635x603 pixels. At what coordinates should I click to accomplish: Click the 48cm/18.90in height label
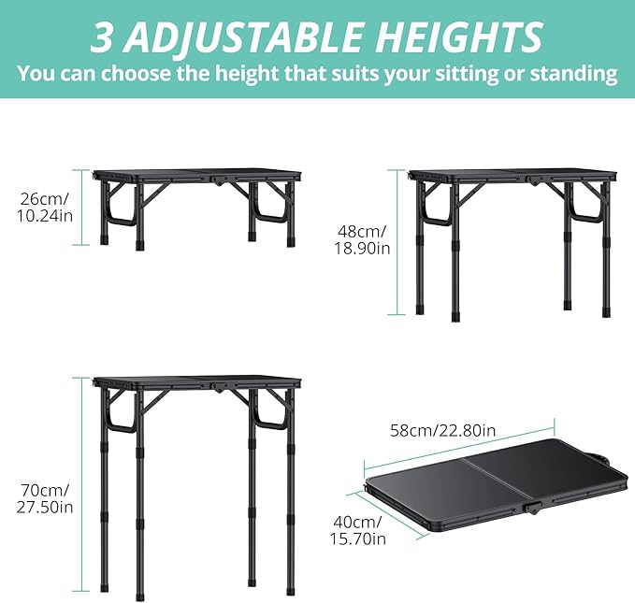(x=363, y=240)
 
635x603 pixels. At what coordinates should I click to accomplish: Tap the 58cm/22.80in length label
(x=442, y=431)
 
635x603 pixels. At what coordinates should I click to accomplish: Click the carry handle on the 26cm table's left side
(x=117, y=210)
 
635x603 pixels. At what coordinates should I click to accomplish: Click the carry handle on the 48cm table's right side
(x=587, y=211)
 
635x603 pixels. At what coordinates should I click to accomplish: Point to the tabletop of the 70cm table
(x=198, y=382)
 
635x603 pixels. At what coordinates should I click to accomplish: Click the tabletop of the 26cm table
(x=198, y=174)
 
